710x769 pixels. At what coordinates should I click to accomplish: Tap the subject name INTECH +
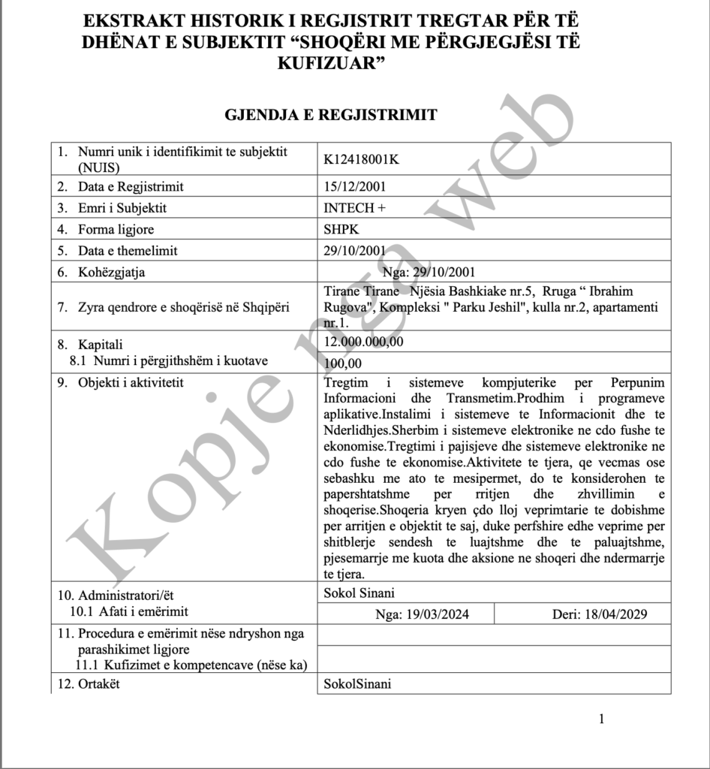[x=354, y=208]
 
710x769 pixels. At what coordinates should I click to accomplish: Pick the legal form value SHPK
[x=341, y=230]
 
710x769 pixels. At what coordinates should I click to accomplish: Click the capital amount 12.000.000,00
[x=363, y=342]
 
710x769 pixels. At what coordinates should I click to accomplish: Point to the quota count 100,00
[x=342, y=363]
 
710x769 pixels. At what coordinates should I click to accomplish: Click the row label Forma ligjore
[x=116, y=230]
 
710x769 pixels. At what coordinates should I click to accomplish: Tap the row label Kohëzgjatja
[x=112, y=273]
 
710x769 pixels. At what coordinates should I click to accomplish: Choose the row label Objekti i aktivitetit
[x=131, y=384]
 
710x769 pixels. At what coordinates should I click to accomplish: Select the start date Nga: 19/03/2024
[x=423, y=614]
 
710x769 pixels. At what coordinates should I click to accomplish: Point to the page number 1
[x=601, y=719]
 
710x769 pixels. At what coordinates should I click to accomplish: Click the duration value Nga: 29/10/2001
[x=429, y=272]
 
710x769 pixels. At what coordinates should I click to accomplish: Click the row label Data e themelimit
[x=128, y=251]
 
